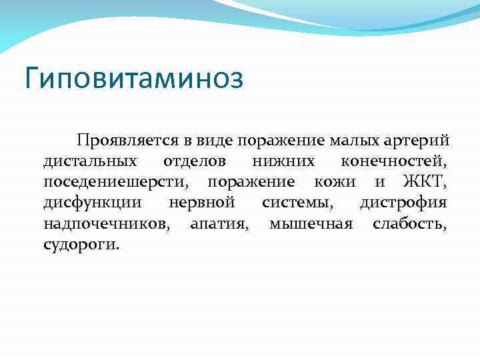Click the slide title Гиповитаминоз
pyautogui.click(x=134, y=79)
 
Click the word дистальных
pyautogui.click(x=91, y=162)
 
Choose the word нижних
pyautogui.click(x=283, y=162)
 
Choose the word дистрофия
pyautogui.click(x=403, y=203)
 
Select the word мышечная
pyautogui.click(x=311, y=223)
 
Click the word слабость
pyautogui.click(x=410, y=223)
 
